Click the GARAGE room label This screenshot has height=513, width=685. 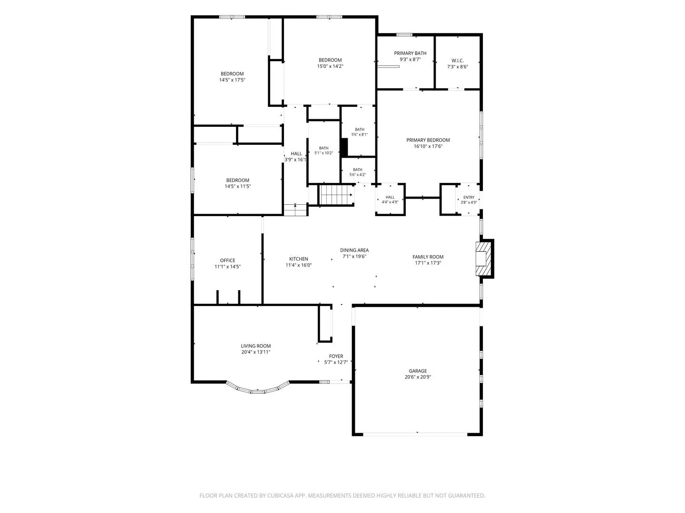pos(418,370)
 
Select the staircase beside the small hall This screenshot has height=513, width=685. pos(336,195)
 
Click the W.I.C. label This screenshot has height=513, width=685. pos(458,60)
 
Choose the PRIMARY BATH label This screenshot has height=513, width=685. pos(410,53)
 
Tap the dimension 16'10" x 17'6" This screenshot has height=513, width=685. pos(428,146)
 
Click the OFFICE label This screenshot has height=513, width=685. pos(227,260)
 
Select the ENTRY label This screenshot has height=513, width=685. pos(469,197)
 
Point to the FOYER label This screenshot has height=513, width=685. pos(336,356)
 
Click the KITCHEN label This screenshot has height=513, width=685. pos(299,259)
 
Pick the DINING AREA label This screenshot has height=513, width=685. pos(354,250)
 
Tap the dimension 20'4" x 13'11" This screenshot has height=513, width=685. pos(255,352)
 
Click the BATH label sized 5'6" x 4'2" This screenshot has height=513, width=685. pos(358,170)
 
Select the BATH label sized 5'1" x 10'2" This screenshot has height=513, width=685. pos(323,148)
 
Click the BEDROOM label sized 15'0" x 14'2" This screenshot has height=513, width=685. pos(330,60)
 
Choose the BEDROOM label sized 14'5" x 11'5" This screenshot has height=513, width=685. pos(237,180)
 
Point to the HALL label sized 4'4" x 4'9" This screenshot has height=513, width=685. pos(390,197)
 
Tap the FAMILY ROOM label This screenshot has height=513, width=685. pos(428,257)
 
